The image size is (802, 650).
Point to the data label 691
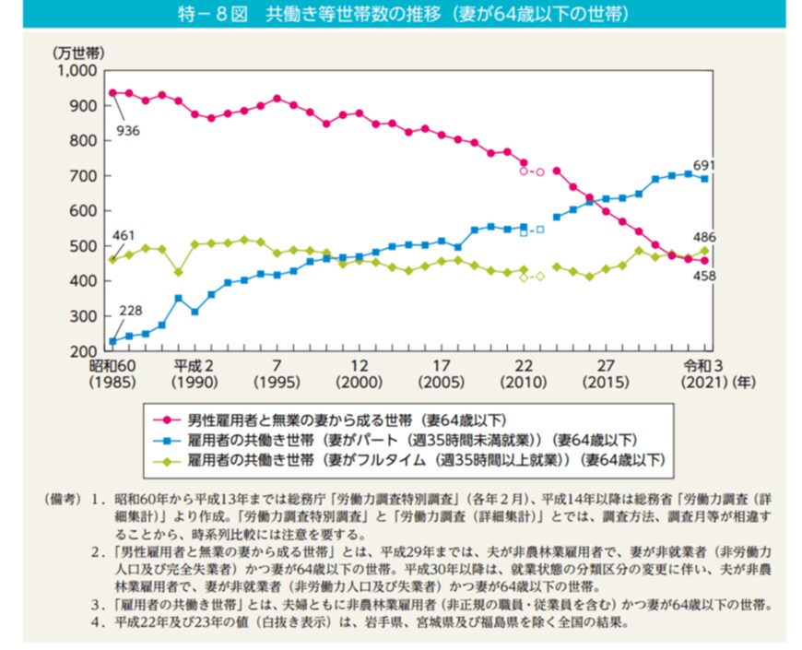[x=704, y=165]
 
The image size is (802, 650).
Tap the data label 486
[x=704, y=235]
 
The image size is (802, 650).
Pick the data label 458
[x=705, y=276]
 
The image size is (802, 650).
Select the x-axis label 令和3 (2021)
[x=701, y=373]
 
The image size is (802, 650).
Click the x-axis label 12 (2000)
[x=360, y=373]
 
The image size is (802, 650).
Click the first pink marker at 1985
[x=112, y=92]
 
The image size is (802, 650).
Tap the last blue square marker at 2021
[x=705, y=179]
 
